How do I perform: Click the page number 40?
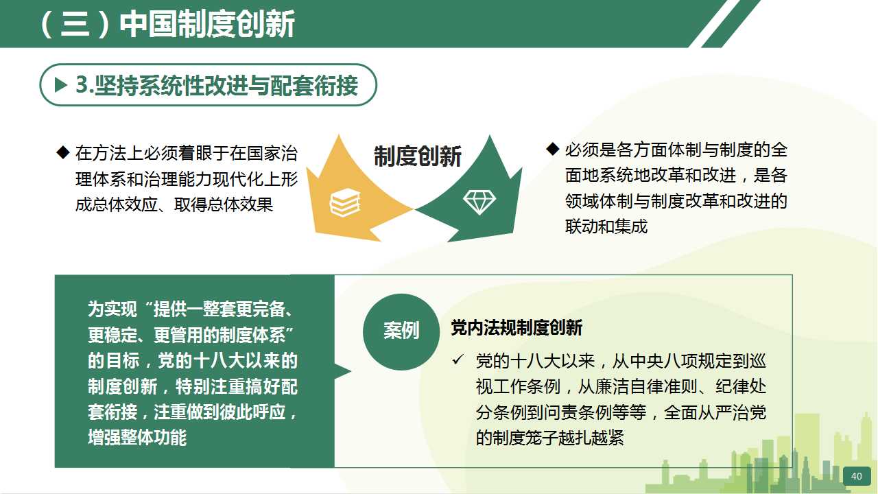coord(857,476)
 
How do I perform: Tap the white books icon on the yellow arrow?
coord(345,202)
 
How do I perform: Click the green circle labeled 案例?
coord(401,331)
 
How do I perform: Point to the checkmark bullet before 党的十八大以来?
coord(458,359)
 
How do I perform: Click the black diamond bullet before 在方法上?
coord(62,152)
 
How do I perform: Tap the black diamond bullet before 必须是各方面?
coord(552,149)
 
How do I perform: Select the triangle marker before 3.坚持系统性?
coord(61,84)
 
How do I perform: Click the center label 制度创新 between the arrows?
coord(418,156)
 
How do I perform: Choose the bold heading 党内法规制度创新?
coord(517,328)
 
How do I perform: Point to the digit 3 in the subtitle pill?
coord(82,84)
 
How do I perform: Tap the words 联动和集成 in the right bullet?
coord(606,226)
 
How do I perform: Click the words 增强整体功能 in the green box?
coord(137,438)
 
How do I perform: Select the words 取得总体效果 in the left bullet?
coord(224,204)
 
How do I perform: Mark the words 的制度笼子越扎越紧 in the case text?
coord(549,438)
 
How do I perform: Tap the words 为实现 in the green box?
coord(112,309)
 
